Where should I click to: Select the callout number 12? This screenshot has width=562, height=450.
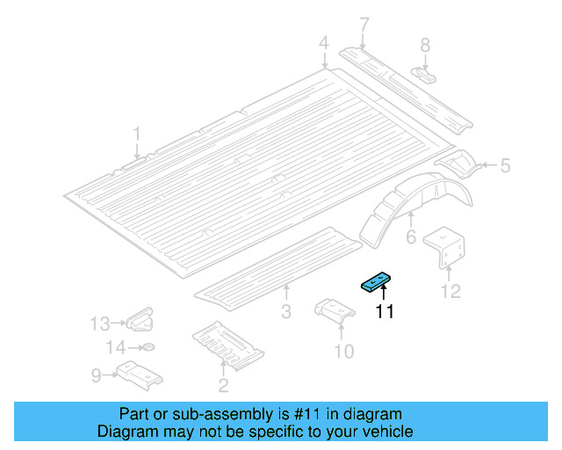pos(450,292)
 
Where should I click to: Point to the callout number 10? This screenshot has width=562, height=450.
pos(343,352)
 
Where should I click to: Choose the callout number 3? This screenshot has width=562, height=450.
pos(285,312)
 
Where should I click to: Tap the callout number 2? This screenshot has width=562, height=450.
pos(224,385)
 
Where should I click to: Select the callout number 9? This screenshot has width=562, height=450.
pos(97,376)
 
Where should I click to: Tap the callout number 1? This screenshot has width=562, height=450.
pos(137,134)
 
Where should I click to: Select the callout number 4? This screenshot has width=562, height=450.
pos(323,42)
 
